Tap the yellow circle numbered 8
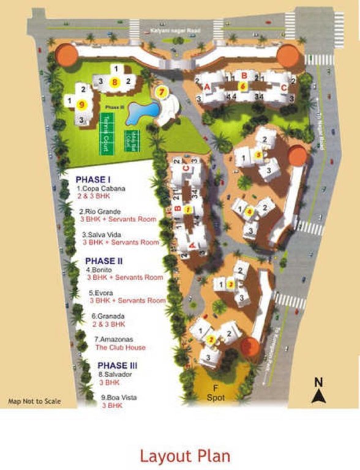click(114, 81)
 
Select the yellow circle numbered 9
click(82, 104)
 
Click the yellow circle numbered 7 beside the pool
click(162, 92)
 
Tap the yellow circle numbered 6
click(243, 86)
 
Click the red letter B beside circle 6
click(244, 75)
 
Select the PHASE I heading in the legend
click(92, 179)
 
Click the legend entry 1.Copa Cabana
click(101, 188)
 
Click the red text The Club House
click(120, 347)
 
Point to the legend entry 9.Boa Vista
click(119, 397)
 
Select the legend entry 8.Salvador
click(115, 374)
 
